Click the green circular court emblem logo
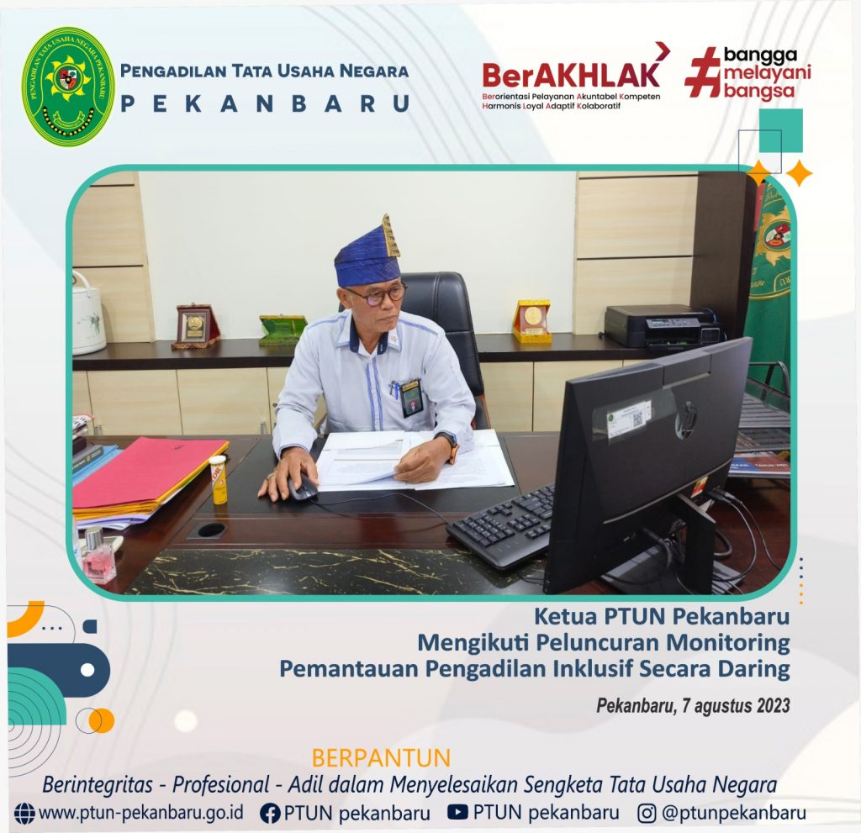(67, 87)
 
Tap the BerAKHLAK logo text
(571, 75)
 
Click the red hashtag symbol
(702, 72)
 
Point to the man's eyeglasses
(378, 295)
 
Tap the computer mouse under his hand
(302, 488)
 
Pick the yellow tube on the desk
(218, 479)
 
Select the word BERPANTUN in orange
(381, 758)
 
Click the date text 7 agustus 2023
(736, 705)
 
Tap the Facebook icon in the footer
(270, 813)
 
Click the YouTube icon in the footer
(457, 812)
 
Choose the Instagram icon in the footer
(647, 813)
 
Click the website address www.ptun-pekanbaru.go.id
(141, 813)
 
